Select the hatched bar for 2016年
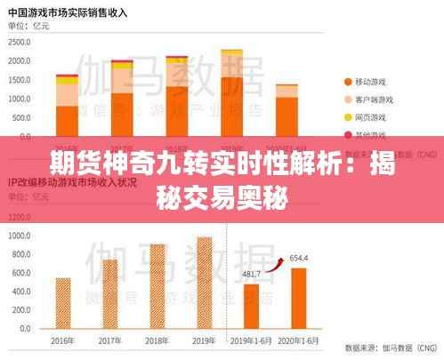(x=63, y=302)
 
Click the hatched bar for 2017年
(x=109, y=292)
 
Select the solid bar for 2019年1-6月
(x=251, y=306)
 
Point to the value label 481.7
(x=253, y=274)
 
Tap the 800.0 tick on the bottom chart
(x=20, y=258)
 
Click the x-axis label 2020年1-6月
(x=299, y=340)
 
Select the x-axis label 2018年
(x=157, y=340)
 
